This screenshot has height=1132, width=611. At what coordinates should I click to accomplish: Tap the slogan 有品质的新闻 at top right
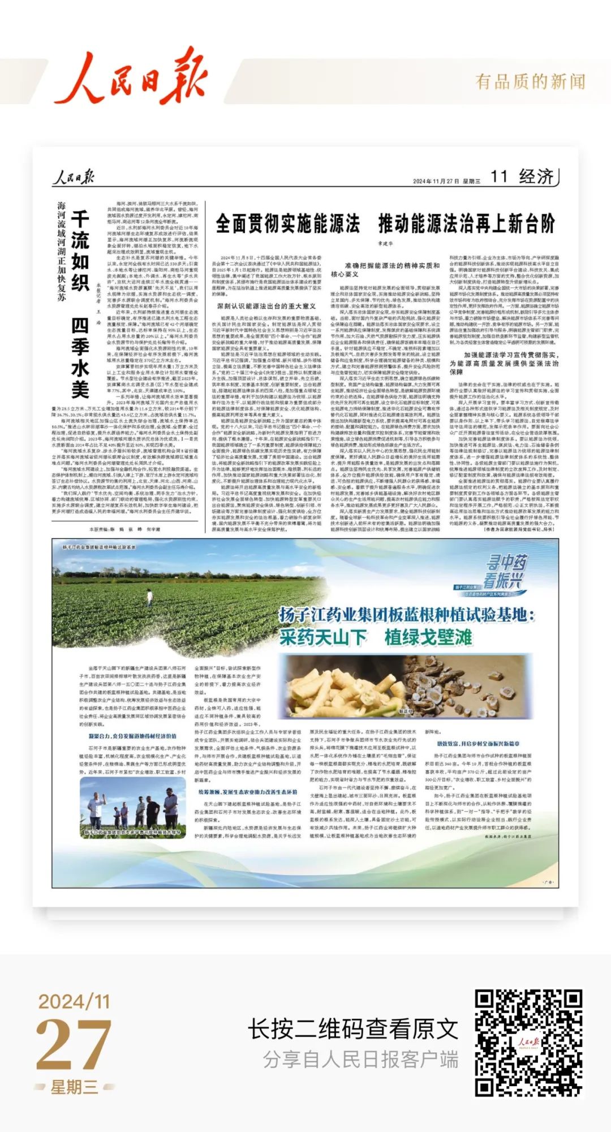pos(530,82)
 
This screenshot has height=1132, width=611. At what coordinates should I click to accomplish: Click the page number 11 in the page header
pos(498,177)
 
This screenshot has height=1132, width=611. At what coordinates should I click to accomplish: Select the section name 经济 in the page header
pos(536,177)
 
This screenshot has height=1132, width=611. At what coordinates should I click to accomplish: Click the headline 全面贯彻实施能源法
pos(287,224)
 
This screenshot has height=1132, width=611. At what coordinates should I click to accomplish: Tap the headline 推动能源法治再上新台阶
pos(467,224)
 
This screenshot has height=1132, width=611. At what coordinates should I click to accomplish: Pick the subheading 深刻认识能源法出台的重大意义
pos(266,306)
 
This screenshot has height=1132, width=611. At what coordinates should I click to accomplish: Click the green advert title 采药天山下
pos(323,637)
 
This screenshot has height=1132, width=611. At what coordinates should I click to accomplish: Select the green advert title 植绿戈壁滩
pos(428,637)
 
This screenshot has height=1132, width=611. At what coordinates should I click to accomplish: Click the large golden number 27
pos(74,1045)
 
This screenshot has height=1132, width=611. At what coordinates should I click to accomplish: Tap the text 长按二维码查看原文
pos(353,1028)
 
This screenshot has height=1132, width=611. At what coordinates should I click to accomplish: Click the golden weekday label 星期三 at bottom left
pos(74,1087)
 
